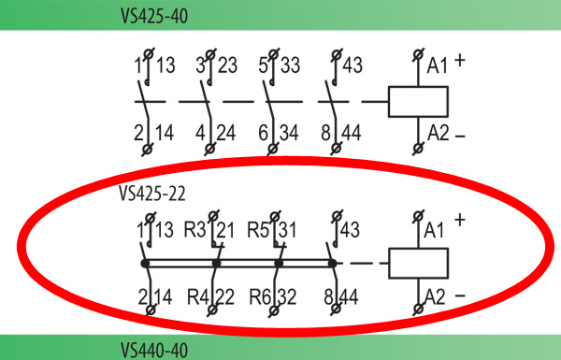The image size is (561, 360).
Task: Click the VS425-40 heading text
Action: point(154,16)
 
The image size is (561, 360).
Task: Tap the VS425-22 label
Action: point(152,194)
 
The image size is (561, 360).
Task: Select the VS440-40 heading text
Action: point(154,350)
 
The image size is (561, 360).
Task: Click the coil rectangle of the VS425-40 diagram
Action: point(418,102)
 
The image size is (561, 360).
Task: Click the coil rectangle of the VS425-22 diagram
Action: point(418,263)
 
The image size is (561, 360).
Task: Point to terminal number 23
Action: point(227,65)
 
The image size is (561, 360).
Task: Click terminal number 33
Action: point(290,65)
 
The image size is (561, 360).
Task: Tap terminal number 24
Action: point(226,133)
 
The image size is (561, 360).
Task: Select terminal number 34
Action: point(289,133)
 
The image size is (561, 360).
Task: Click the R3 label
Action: point(195,229)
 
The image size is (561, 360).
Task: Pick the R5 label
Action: point(258,229)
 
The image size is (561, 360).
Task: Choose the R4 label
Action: point(198,297)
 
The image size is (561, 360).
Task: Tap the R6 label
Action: point(260,297)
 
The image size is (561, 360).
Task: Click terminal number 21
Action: point(225,230)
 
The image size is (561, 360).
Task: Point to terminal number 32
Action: point(287,297)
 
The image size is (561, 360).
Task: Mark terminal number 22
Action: point(225,297)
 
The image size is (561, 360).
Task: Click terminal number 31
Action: point(288,230)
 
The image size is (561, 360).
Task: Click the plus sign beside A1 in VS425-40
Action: point(460,61)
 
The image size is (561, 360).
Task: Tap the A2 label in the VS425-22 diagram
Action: point(435,297)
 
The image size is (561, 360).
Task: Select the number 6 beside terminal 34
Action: point(264,133)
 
